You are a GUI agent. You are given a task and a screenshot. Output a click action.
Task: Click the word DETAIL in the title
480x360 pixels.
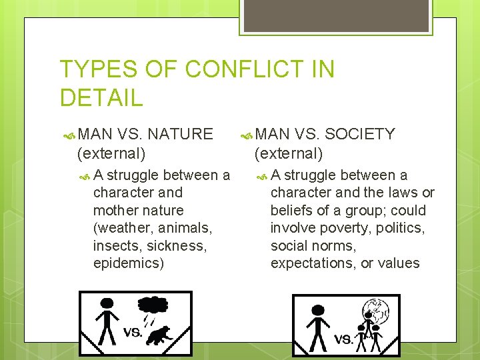tap(101, 98)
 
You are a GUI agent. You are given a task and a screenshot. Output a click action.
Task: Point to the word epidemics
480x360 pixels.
tap(128, 263)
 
